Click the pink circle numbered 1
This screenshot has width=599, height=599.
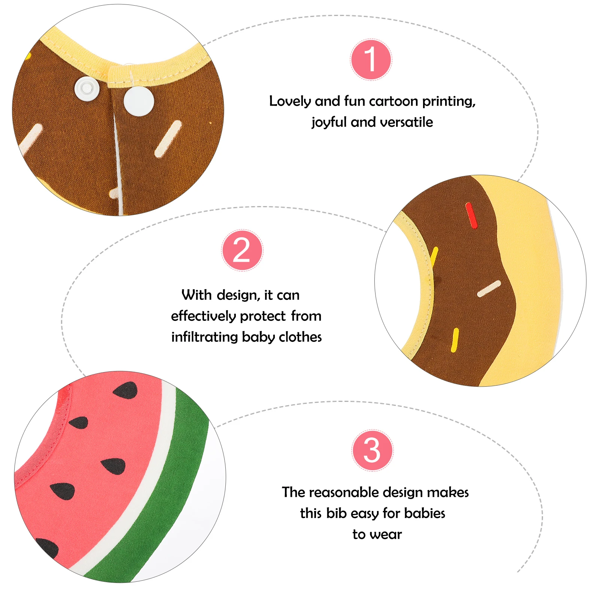point(371,60)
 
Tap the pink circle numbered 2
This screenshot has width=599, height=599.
point(242,250)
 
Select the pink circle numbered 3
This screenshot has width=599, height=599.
point(373,450)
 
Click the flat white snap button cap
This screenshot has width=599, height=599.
point(139,101)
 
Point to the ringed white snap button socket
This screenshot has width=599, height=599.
point(86,88)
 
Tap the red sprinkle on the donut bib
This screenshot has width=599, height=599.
point(471,215)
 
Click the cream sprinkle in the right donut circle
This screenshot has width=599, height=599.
point(489,289)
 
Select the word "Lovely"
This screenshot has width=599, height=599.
point(290,101)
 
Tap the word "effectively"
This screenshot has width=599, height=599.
point(203,316)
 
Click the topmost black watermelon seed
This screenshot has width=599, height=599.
point(126,390)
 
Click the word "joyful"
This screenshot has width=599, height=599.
point(329,122)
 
